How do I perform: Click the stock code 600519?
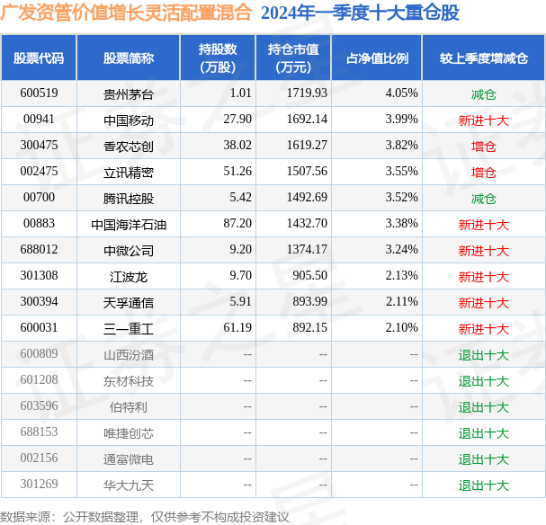(40, 93)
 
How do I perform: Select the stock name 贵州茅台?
(128, 93)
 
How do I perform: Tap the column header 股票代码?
(39, 58)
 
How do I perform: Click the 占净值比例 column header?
(377, 58)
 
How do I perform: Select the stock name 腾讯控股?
(128, 198)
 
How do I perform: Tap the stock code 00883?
(40, 224)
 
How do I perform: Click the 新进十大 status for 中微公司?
(484, 251)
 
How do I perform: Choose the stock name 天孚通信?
(128, 303)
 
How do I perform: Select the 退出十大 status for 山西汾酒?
(484, 355)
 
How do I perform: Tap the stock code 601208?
(40, 380)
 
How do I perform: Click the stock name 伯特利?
(128, 407)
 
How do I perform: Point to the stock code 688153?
(40, 432)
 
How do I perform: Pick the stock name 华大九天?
(128, 485)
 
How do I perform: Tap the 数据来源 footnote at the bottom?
(145, 517)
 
